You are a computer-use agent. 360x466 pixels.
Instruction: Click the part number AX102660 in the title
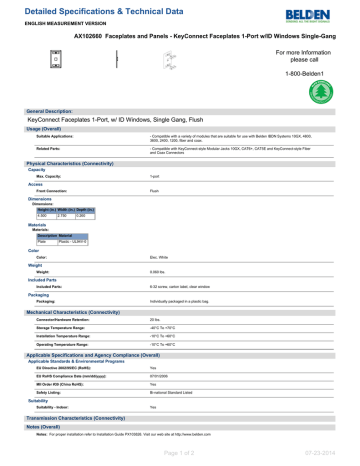pos(93,32)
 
